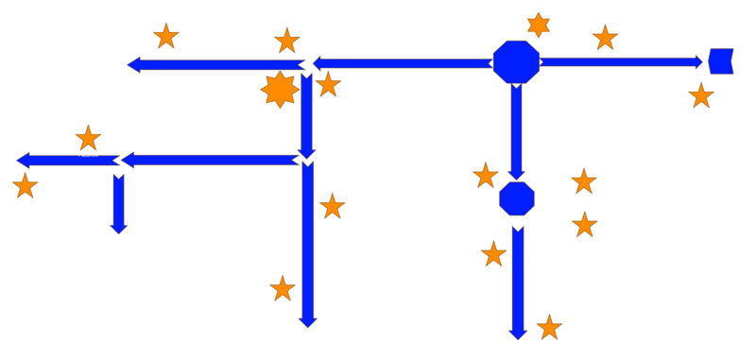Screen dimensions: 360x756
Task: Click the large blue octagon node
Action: point(516,62)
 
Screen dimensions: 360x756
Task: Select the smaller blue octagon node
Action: point(516,198)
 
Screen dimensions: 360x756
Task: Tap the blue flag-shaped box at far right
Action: point(721,60)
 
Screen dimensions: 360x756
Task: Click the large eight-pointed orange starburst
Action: point(280,90)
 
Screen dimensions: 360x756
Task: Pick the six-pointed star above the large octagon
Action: point(539,26)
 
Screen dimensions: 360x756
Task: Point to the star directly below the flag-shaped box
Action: point(701,95)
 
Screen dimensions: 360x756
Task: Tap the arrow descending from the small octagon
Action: point(517,280)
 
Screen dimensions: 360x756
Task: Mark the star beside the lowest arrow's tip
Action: point(549,327)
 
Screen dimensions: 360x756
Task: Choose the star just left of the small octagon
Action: point(485,175)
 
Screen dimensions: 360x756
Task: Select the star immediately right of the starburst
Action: point(328,84)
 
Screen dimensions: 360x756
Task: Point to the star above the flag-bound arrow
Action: point(605,38)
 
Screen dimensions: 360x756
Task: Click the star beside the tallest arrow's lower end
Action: point(283,288)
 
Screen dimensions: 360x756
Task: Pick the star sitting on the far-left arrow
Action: point(88,138)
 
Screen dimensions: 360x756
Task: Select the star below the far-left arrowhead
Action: point(25,185)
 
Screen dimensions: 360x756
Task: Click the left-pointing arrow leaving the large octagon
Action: point(402,63)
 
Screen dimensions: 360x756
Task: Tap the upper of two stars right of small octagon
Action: point(584,180)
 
